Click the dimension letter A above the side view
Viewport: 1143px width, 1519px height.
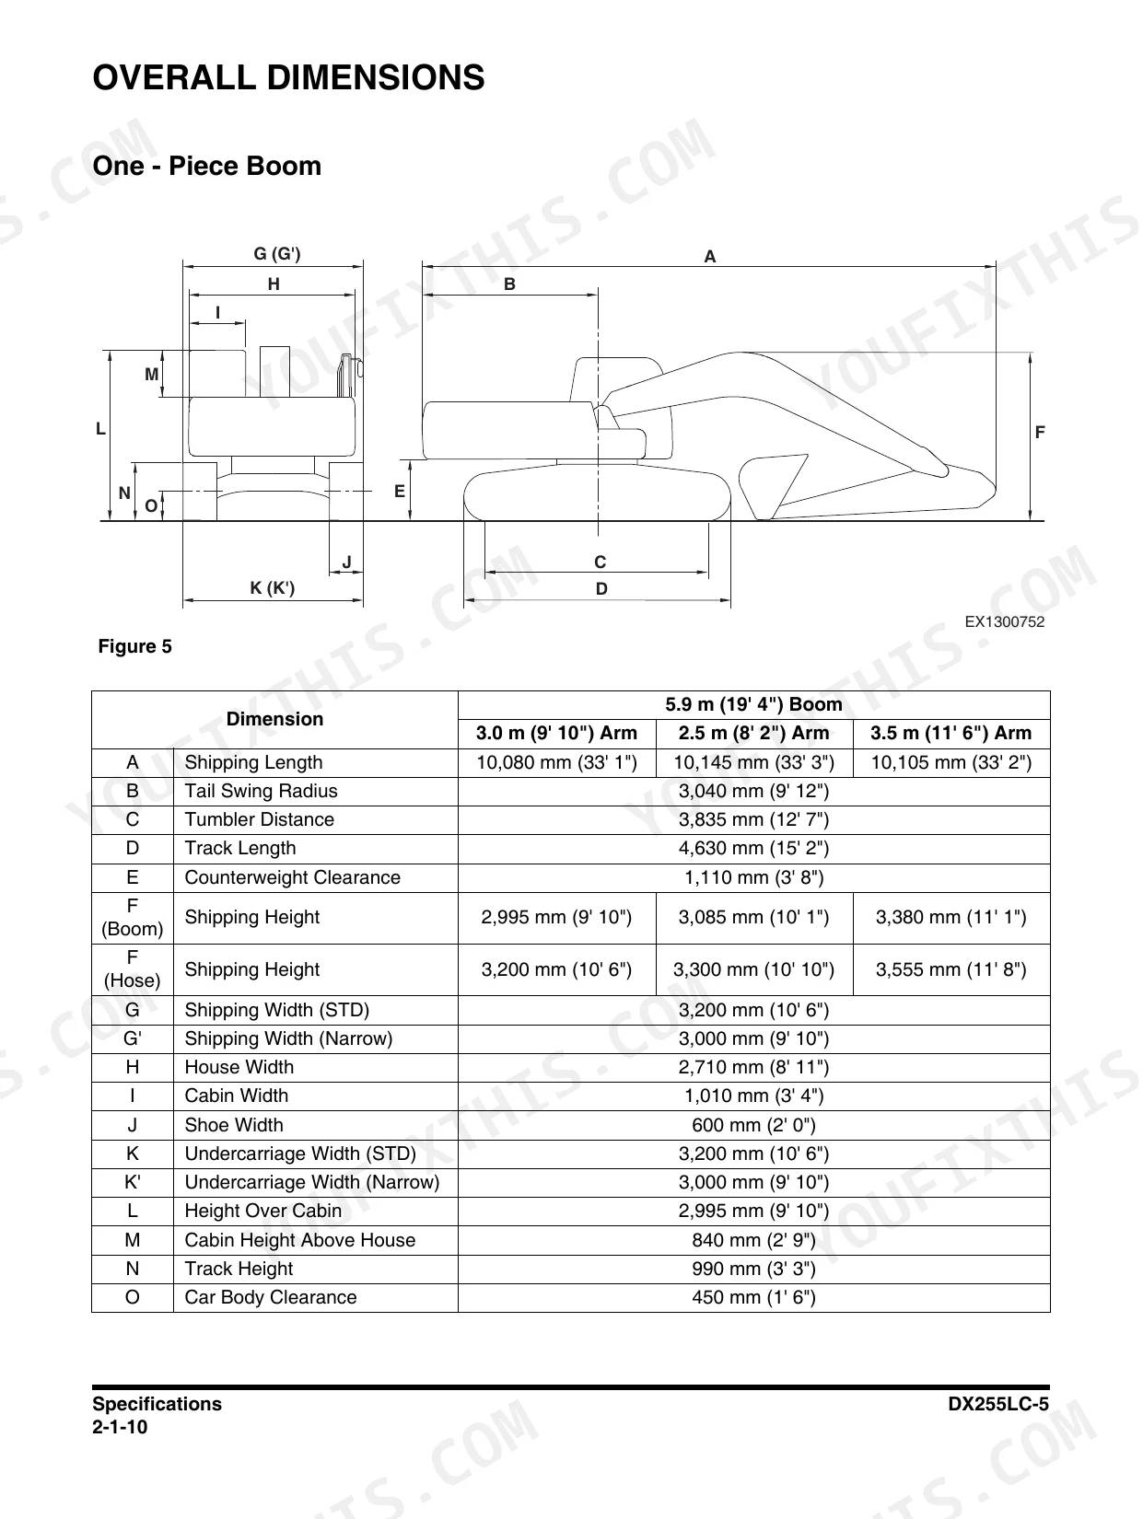709,257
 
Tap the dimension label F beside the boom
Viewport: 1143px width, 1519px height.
1039,433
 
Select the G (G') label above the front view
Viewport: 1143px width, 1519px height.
277,254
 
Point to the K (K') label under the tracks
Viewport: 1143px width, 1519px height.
272,588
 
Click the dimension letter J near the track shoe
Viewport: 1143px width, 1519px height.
347,562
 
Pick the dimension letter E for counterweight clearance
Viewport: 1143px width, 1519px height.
400,492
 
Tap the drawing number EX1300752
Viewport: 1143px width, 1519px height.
1005,621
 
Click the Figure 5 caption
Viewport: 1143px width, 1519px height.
135,646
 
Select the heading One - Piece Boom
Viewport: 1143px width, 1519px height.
207,166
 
